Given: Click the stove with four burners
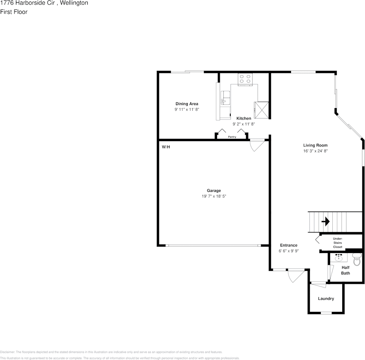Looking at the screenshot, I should pos(245,79).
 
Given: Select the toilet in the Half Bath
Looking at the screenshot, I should pos(357,260).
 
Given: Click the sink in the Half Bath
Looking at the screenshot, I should pos(339,258).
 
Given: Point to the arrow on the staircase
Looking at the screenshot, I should pos(326,221).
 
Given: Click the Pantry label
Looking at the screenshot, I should pos(232,137).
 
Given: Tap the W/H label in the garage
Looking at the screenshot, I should pos(166,147).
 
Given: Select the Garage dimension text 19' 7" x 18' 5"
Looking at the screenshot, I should pos(214,196).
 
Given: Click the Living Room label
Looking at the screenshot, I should pos(315,145).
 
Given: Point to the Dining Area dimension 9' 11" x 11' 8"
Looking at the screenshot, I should pos(187,109).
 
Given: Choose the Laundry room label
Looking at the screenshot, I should pos(326,299).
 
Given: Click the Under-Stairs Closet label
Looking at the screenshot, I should pos(337,243).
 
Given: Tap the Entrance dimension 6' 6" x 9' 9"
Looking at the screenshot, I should pos(289,251).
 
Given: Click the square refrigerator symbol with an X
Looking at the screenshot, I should pos(261,110).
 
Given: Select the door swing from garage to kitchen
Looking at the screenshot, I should pos(257,145).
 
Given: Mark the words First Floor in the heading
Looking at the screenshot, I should pos(14,12).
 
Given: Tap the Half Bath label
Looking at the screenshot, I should pos(345,270).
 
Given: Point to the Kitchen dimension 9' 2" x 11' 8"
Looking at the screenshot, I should pos(244,124).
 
